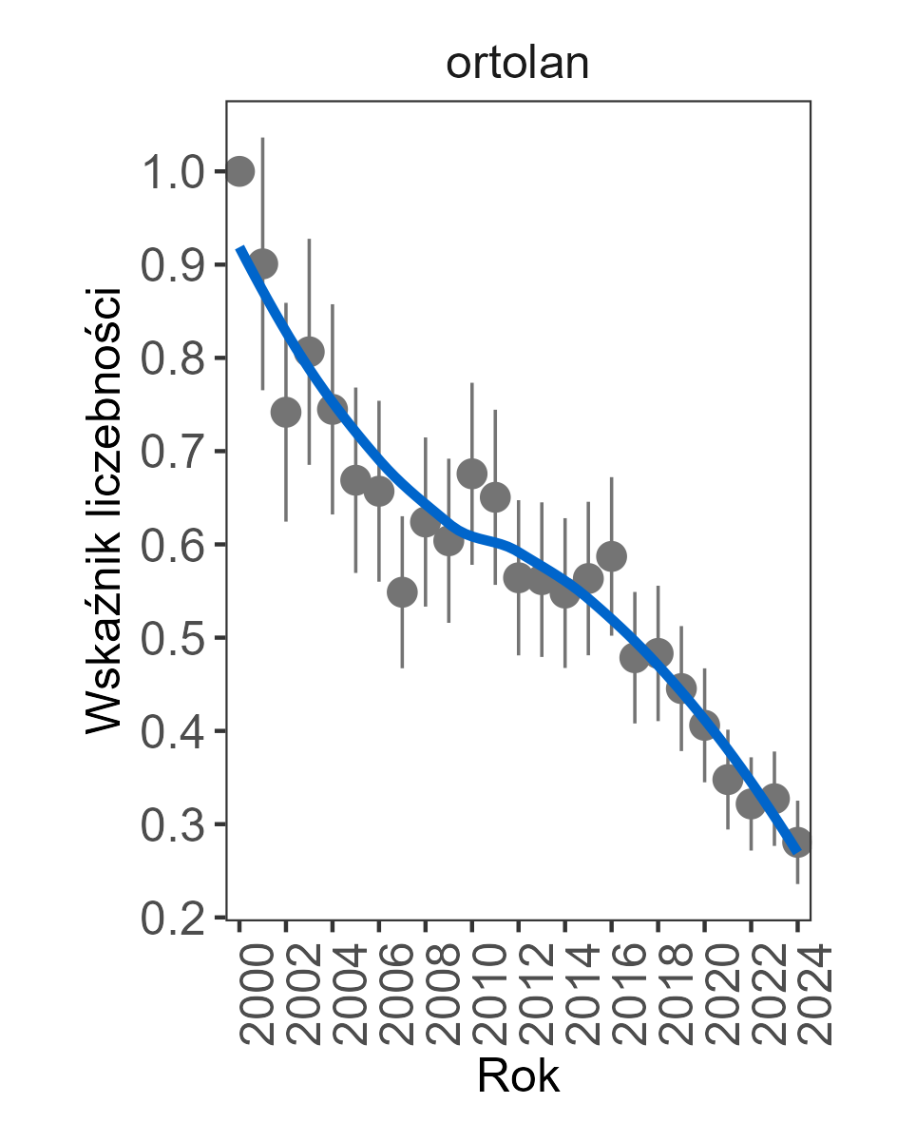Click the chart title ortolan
pos(518,64)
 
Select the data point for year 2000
pos(239,171)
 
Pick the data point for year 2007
pos(402,591)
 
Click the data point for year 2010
pos(472,474)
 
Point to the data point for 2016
pos(611,556)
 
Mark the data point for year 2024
pos(797,842)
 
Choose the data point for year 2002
pos(286,412)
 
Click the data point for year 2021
pos(728,780)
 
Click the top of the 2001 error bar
pos(263,139)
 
